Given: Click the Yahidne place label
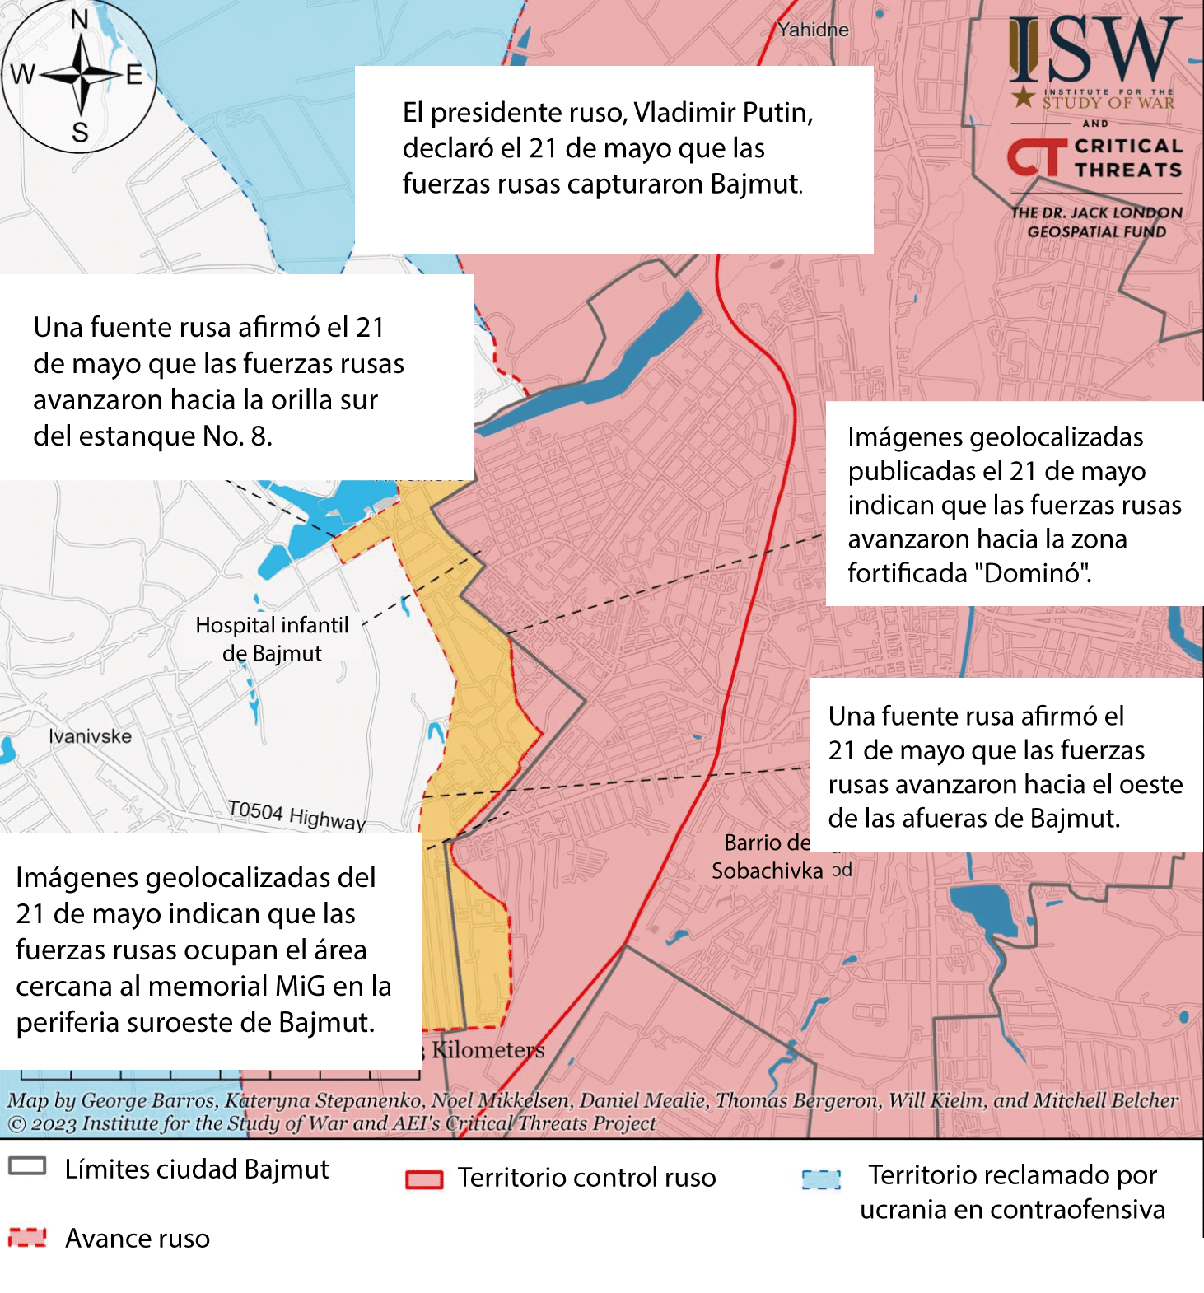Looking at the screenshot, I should pyautogui.click(x=813, y=30).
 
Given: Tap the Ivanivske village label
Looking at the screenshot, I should pyautogui.click(x=90, y=736).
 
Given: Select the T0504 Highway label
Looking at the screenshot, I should pyautogui.click(x=296, y=815).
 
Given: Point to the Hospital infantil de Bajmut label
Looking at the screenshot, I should pyautogui.click(x=272, y=639).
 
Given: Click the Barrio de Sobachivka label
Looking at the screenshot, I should pyautogui.click(x=767, y=857).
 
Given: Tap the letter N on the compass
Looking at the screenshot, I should pyautogui.click(x=80, y=19).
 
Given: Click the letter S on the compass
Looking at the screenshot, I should pyautogui.click(x=80, y=133).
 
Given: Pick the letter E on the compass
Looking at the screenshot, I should pyautogui.click(x=134, y=75).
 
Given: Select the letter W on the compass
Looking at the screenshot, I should pyautogui.click(x=22, y=75).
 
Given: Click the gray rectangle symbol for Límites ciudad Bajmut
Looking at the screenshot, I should pyautogui.click(x=27, y=1166).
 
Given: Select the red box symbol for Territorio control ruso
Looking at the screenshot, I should pyautogui.click(x=424, y=1179).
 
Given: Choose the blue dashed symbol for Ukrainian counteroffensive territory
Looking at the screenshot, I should pyautogui.click(x=821, y=1179).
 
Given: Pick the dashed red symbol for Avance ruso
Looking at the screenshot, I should pyautogui.click(x=27, y=1237).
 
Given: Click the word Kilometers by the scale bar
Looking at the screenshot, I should pyautogui.click(x=488, y=1050).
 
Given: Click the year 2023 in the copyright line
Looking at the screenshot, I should pyautogui.click(x=54, y=1123).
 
